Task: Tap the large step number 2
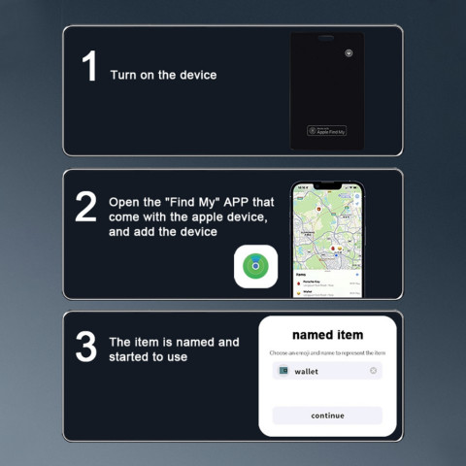(86, 207)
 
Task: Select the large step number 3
(86, 348)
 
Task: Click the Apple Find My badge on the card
(327, 130)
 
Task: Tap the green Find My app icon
(256, 266)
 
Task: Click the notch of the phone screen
(328, 185)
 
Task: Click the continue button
(327, 416)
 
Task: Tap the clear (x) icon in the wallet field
(374, 371)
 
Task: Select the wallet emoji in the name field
(283, 371)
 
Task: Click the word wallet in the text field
(307, 371)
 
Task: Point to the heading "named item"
(327, 335)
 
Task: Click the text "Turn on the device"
(163, 76)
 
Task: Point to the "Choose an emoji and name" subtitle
(327, 351)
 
